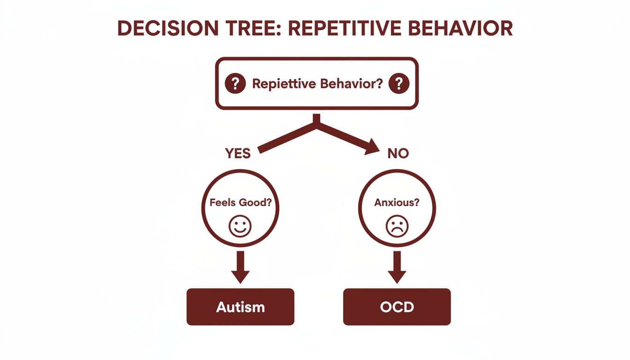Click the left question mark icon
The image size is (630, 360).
point(235,84)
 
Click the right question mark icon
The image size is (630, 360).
point(399,84)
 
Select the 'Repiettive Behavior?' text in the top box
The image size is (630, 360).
point(317,84)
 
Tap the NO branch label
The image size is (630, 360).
point(398,153)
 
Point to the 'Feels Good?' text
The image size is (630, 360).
point(240,203)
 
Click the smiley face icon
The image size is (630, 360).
point(240,226)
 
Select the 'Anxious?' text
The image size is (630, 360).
point(397,203)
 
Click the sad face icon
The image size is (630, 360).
point(397,226)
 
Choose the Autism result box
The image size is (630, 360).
point(240,307)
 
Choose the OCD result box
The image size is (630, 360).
point(397,307)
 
